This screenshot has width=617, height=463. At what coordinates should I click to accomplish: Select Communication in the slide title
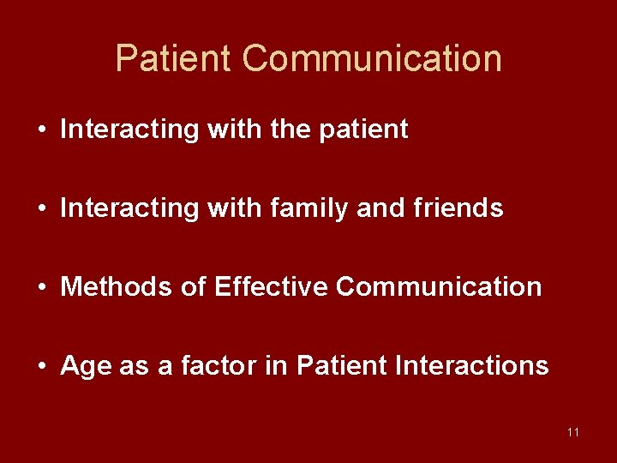372,59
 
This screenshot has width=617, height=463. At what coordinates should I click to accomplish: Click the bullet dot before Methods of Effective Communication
42,287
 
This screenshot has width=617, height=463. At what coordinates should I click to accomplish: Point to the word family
297,208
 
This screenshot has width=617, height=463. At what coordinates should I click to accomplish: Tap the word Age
81,367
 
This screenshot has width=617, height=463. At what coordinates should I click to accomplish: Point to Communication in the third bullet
439,286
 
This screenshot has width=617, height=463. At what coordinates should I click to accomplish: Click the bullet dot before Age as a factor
42,367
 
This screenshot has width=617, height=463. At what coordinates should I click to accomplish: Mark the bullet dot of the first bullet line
42,130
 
